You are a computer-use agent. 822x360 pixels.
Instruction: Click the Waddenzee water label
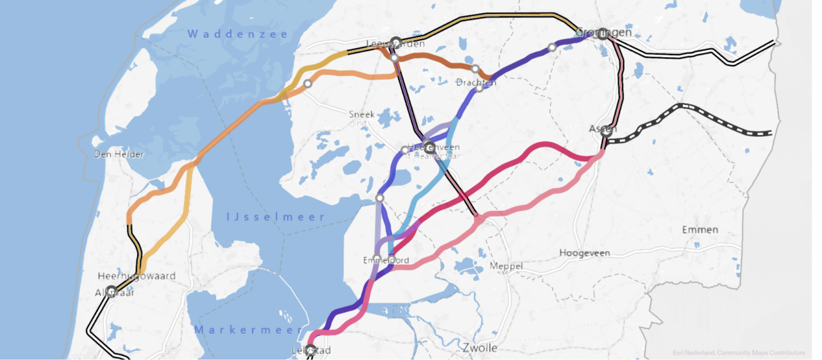point(238,34)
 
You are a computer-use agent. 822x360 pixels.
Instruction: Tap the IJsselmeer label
point(276,217)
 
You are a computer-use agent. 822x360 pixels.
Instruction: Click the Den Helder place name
point(119,155)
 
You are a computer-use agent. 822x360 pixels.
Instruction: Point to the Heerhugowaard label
point(136,276)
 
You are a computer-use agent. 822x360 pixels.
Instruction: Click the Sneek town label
point(362,114)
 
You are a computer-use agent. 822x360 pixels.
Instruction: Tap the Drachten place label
point(476,82)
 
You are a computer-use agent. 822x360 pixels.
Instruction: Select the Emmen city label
point(700,229)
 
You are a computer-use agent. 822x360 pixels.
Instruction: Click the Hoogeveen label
point(584,252)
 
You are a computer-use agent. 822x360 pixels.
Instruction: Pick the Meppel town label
point(506,266)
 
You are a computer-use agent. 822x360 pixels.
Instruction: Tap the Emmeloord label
point(386,261)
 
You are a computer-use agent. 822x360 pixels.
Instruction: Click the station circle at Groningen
point(603,34)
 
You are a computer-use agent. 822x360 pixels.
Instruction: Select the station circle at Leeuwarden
point(396,42)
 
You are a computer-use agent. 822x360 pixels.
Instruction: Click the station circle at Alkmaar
point(111,292)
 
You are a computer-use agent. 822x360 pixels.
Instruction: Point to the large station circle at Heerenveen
point(430,147)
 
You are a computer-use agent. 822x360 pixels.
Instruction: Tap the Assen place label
point(603,129)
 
